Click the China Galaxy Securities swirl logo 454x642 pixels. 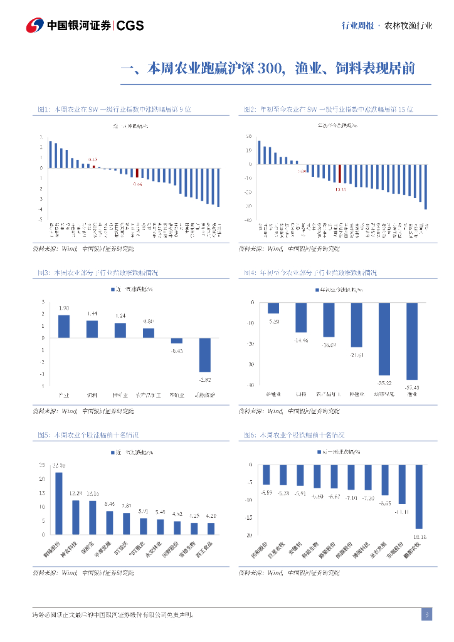point(35,26)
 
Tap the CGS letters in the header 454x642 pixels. point(130,26)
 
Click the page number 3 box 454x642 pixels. point(426,614)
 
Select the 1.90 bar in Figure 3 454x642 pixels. point(64,326)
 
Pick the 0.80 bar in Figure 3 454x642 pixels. point(149,333)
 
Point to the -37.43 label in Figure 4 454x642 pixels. point(412,386)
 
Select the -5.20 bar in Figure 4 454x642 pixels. point(273,308)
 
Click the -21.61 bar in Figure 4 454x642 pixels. point(357,325)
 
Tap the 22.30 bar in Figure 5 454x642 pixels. point(59,503)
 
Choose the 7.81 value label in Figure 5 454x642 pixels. point(126,506)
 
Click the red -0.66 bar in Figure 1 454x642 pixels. point(137,174)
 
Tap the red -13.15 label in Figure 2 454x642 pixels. point(340,188)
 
